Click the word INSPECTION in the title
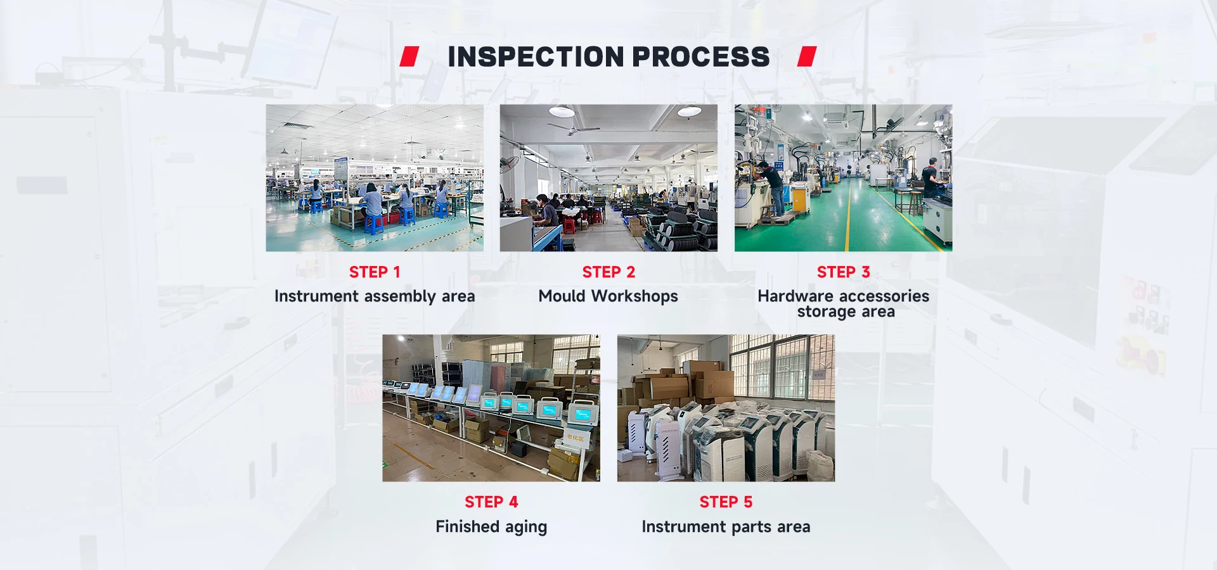536,57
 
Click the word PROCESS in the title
701,57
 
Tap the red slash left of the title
409,56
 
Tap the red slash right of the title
807,56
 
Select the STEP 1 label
375,272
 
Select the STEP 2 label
608,272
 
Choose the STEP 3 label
844,272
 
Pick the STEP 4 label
491,502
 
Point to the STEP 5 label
726,502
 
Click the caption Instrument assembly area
375,296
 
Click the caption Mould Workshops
608,296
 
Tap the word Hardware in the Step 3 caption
795,296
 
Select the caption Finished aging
491,527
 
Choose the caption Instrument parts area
726,527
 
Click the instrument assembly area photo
375,178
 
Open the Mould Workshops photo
608,178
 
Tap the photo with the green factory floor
844,178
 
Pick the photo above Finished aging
491,408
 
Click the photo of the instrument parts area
726,408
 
